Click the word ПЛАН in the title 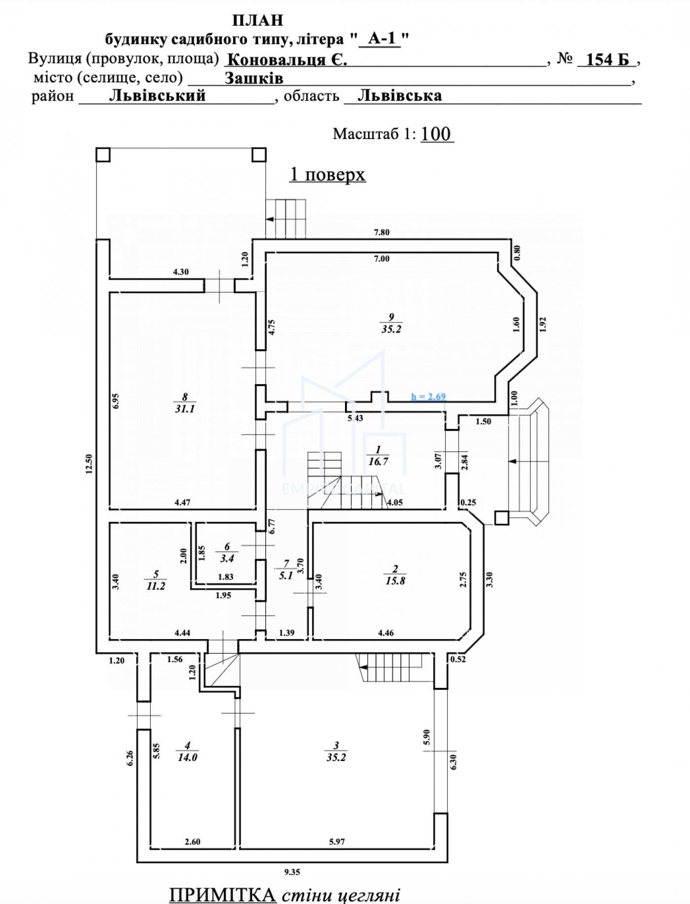coord(258,20)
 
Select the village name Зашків coord(254,78)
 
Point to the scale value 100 coord(437,134)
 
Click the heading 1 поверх coord(328,175)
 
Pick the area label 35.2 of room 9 coord(391,329)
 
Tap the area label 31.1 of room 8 coord(184,409)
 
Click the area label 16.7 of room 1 coord(378,462)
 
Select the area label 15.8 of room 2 coord(395,581)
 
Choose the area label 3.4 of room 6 coord(227,559)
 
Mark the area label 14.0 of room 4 coord(187,757)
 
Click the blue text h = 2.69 coord(429,397)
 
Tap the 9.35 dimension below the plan coord(292,872)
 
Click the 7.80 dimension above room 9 coord(381,232)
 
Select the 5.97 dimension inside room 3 coord(337,842)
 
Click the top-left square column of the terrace coord(103,155)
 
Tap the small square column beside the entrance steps coord(501,517)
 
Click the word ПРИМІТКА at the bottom coord(222,894)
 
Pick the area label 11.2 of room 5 coord(156,586)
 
